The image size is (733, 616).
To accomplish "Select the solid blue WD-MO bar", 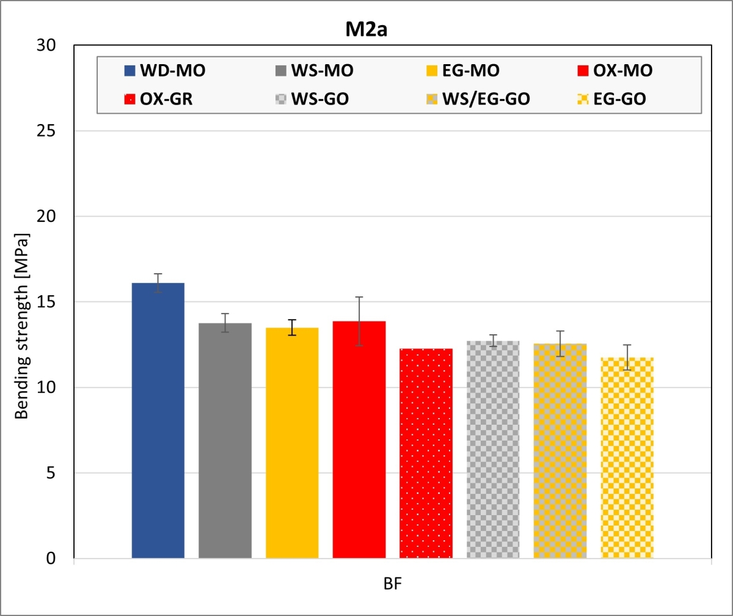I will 158,422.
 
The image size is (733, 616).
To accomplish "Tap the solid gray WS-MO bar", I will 225,440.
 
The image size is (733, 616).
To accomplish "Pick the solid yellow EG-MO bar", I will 292,443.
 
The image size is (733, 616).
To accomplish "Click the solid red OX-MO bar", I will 359,440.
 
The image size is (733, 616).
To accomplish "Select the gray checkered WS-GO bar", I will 493,449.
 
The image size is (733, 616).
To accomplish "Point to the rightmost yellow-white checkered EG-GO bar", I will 627,458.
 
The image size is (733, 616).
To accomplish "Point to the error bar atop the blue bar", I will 158,282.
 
